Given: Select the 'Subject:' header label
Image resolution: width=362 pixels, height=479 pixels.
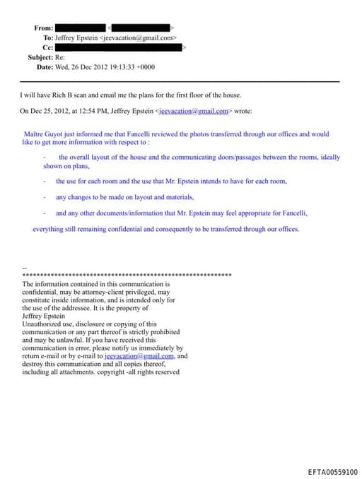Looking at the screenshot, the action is [x=40, y=57].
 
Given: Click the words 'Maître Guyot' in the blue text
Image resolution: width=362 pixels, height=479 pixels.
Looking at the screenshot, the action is [x=44, y=134].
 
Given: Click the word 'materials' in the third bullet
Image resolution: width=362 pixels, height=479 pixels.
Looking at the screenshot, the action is [x=177, y=196].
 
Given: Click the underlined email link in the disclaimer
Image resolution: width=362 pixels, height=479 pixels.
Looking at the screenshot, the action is [x=134, y=356].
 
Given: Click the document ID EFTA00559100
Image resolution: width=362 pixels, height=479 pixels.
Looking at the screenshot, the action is [x=332, y=472].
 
